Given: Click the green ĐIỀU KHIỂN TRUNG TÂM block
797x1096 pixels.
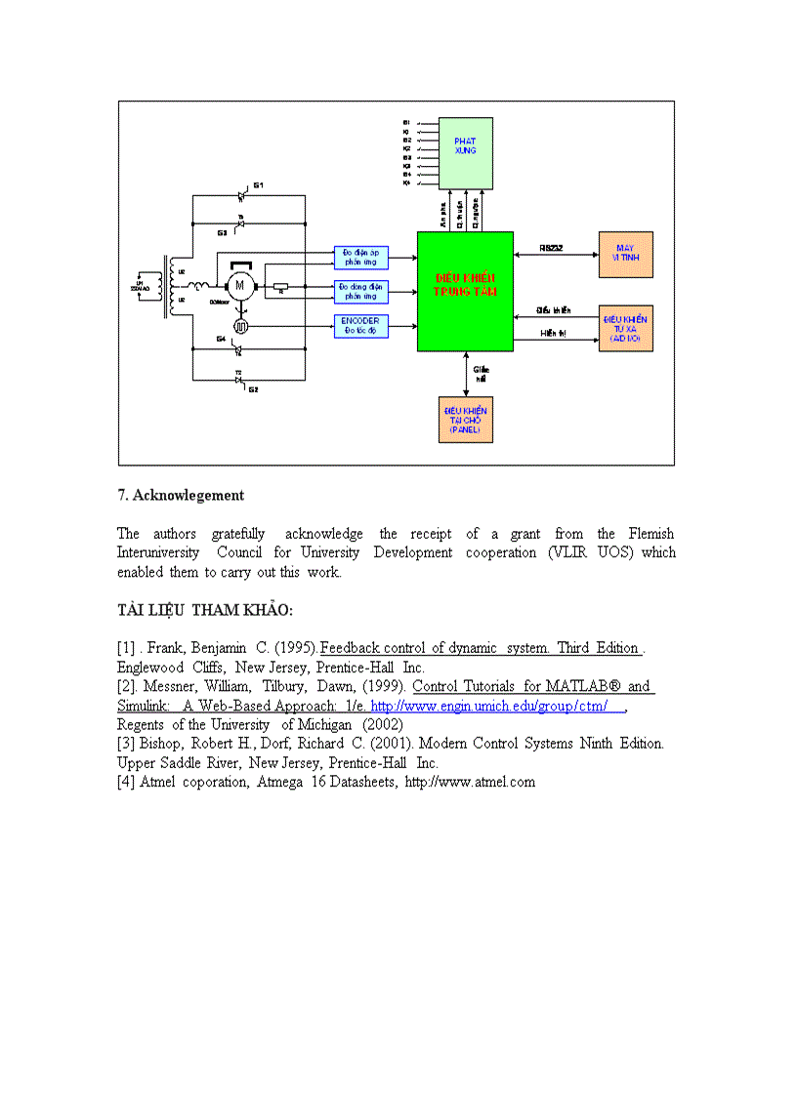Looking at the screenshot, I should [x=465, y=291].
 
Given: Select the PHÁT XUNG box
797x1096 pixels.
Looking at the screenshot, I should [x=465, y=153].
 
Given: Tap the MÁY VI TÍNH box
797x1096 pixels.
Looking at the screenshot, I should [x=625, y=255].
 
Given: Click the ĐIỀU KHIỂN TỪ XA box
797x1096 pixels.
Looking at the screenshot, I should [x=625, y=328].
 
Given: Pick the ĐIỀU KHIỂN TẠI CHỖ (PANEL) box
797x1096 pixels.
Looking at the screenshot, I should [x=465, y=420].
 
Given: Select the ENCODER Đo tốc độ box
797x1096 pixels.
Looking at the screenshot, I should [x=361, y=326].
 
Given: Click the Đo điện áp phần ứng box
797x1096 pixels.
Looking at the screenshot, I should [x=361, y=258].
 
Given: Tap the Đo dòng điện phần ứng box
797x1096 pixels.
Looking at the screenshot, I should [x=361, y=291].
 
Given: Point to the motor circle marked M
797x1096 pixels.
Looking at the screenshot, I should [x=239, y=285].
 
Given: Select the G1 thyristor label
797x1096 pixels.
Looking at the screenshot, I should [x=259, y=184].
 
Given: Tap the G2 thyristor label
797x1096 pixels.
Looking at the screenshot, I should [x=252, y=389].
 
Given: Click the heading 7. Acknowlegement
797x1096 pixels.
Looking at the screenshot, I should [x=181, y=495].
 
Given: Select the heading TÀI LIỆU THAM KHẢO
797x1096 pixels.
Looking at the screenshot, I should [x=204, y=610].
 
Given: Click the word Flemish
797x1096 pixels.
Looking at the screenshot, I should [x=650, y=534].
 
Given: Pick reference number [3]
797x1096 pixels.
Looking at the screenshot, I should [x=126, y=744].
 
